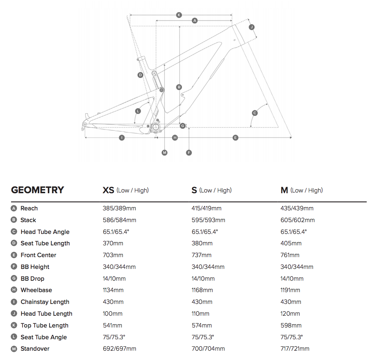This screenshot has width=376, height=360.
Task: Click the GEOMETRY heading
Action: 37,190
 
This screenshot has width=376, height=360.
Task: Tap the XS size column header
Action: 108,190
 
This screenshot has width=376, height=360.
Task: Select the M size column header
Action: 284,190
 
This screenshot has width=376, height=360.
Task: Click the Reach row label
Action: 29,208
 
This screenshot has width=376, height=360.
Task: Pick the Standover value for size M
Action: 295,349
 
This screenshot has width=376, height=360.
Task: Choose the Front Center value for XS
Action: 113,255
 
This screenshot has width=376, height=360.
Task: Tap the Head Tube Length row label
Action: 46,314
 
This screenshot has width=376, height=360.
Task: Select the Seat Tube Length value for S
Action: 202,243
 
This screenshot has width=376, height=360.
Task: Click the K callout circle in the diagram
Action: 179,15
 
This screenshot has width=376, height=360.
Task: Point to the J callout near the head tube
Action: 251,27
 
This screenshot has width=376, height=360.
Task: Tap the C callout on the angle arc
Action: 255,113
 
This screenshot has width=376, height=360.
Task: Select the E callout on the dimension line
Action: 235,137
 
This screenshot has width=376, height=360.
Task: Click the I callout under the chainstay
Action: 122,137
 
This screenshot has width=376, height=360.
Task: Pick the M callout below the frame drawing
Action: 164,152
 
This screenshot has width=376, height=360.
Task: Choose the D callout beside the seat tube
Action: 140,75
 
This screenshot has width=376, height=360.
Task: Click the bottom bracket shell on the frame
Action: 156,127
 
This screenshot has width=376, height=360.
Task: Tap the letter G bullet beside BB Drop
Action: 14,279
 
